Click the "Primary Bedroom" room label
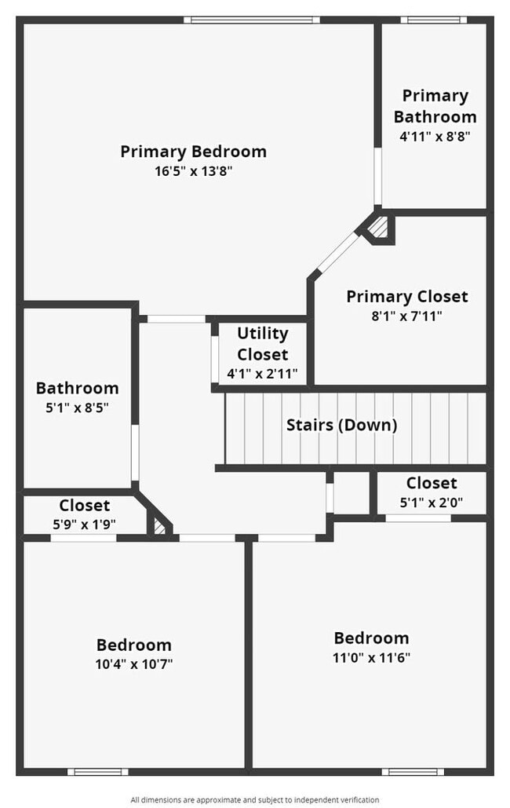(x=193, y=152)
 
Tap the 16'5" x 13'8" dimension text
(x=193, y=171)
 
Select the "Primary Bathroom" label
(x=435, y=106)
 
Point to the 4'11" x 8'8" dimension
(x=435, y=136)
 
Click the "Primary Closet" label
(x=406, y=297)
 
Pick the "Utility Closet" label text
(x=262, y=344)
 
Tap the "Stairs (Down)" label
(x=341, y=426)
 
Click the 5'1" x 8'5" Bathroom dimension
(x=77, y=408)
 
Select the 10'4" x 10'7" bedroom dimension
(x=133, y=664)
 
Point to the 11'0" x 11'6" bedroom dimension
(x=371, y=657)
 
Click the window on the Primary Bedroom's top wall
(x=252, y=20)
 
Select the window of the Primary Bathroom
(x=433, y=20)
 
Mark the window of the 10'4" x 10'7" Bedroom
(x=97, y=772)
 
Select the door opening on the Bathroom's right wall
(x=135, y=452)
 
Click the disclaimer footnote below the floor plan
(x=254, y=799)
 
